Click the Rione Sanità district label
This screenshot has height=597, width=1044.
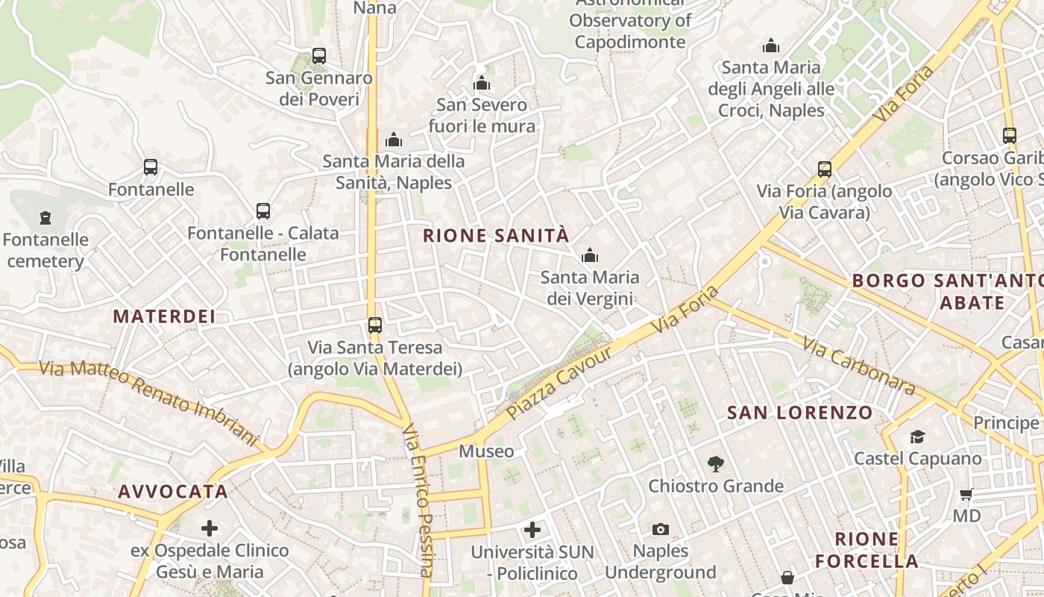(x=496, y=236)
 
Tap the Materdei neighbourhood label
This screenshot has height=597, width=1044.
(x=164, y=316)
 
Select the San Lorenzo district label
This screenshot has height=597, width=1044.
(x=799, y=412)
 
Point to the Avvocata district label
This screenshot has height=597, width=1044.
(x=173, y=491)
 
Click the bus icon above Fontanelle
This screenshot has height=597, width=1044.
(x=151, y=167)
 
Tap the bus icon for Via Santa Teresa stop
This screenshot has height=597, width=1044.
(x=375, y=325)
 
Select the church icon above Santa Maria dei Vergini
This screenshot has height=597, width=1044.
(x=590, y=256)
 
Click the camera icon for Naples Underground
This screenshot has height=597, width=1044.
(x=660, y=529)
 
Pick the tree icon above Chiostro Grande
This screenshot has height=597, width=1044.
(x=716, y=464)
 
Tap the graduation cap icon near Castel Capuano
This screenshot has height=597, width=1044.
(x=917, y=437)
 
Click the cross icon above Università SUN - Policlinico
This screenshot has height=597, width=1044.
(x=532, y=531)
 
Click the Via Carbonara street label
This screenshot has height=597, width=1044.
(x=858, y=366)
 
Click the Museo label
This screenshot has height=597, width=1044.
(x=486, y=451)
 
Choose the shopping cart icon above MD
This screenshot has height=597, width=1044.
(x=966, y=494)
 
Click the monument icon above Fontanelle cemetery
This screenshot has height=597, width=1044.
(x=46, y=218)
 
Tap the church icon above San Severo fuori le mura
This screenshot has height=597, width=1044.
(x=482, y=83)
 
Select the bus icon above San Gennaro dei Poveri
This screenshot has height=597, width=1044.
(x=319, y=56)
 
